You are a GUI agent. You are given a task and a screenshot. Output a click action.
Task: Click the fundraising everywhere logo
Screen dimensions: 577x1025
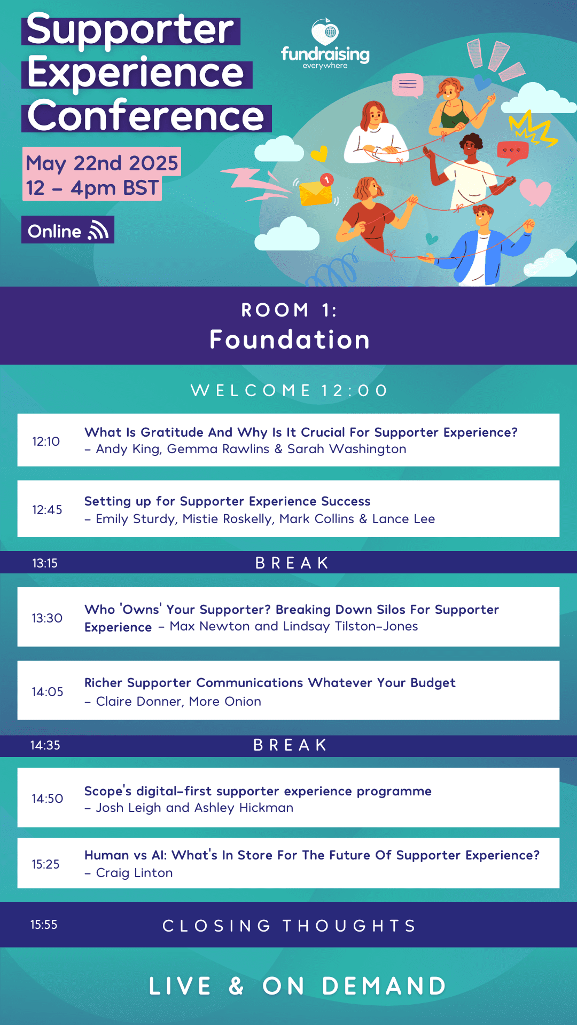pos(325,44)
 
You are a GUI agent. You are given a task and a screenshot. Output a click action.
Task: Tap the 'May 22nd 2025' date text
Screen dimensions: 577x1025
pos(102,163)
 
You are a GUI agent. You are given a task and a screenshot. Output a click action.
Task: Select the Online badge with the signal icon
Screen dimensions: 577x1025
pos(68,230)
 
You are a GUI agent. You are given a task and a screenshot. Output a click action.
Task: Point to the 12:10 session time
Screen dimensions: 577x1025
pos(46,441)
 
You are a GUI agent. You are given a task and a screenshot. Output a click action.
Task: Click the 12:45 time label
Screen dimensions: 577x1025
pos(47,510)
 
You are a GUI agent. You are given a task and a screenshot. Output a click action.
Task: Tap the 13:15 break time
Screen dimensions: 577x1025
pos(45,563)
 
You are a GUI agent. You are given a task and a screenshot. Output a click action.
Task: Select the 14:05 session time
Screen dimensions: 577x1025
pos(48,692)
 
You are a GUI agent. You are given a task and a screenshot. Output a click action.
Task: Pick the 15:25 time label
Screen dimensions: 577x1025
pos(45,864)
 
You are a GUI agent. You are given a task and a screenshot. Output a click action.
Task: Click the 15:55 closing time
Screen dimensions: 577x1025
pos(44,925)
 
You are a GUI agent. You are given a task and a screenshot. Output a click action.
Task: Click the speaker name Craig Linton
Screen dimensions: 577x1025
pos(135,873)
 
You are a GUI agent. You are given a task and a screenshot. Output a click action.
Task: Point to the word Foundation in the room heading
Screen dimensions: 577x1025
pos(290,340)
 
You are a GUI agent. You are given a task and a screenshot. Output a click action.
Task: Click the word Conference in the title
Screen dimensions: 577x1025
pos(146,116)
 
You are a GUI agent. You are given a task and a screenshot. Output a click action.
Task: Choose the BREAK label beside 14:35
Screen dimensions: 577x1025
pos(291,745)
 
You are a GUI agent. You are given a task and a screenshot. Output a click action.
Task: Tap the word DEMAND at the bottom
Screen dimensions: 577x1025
pos(384,986)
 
